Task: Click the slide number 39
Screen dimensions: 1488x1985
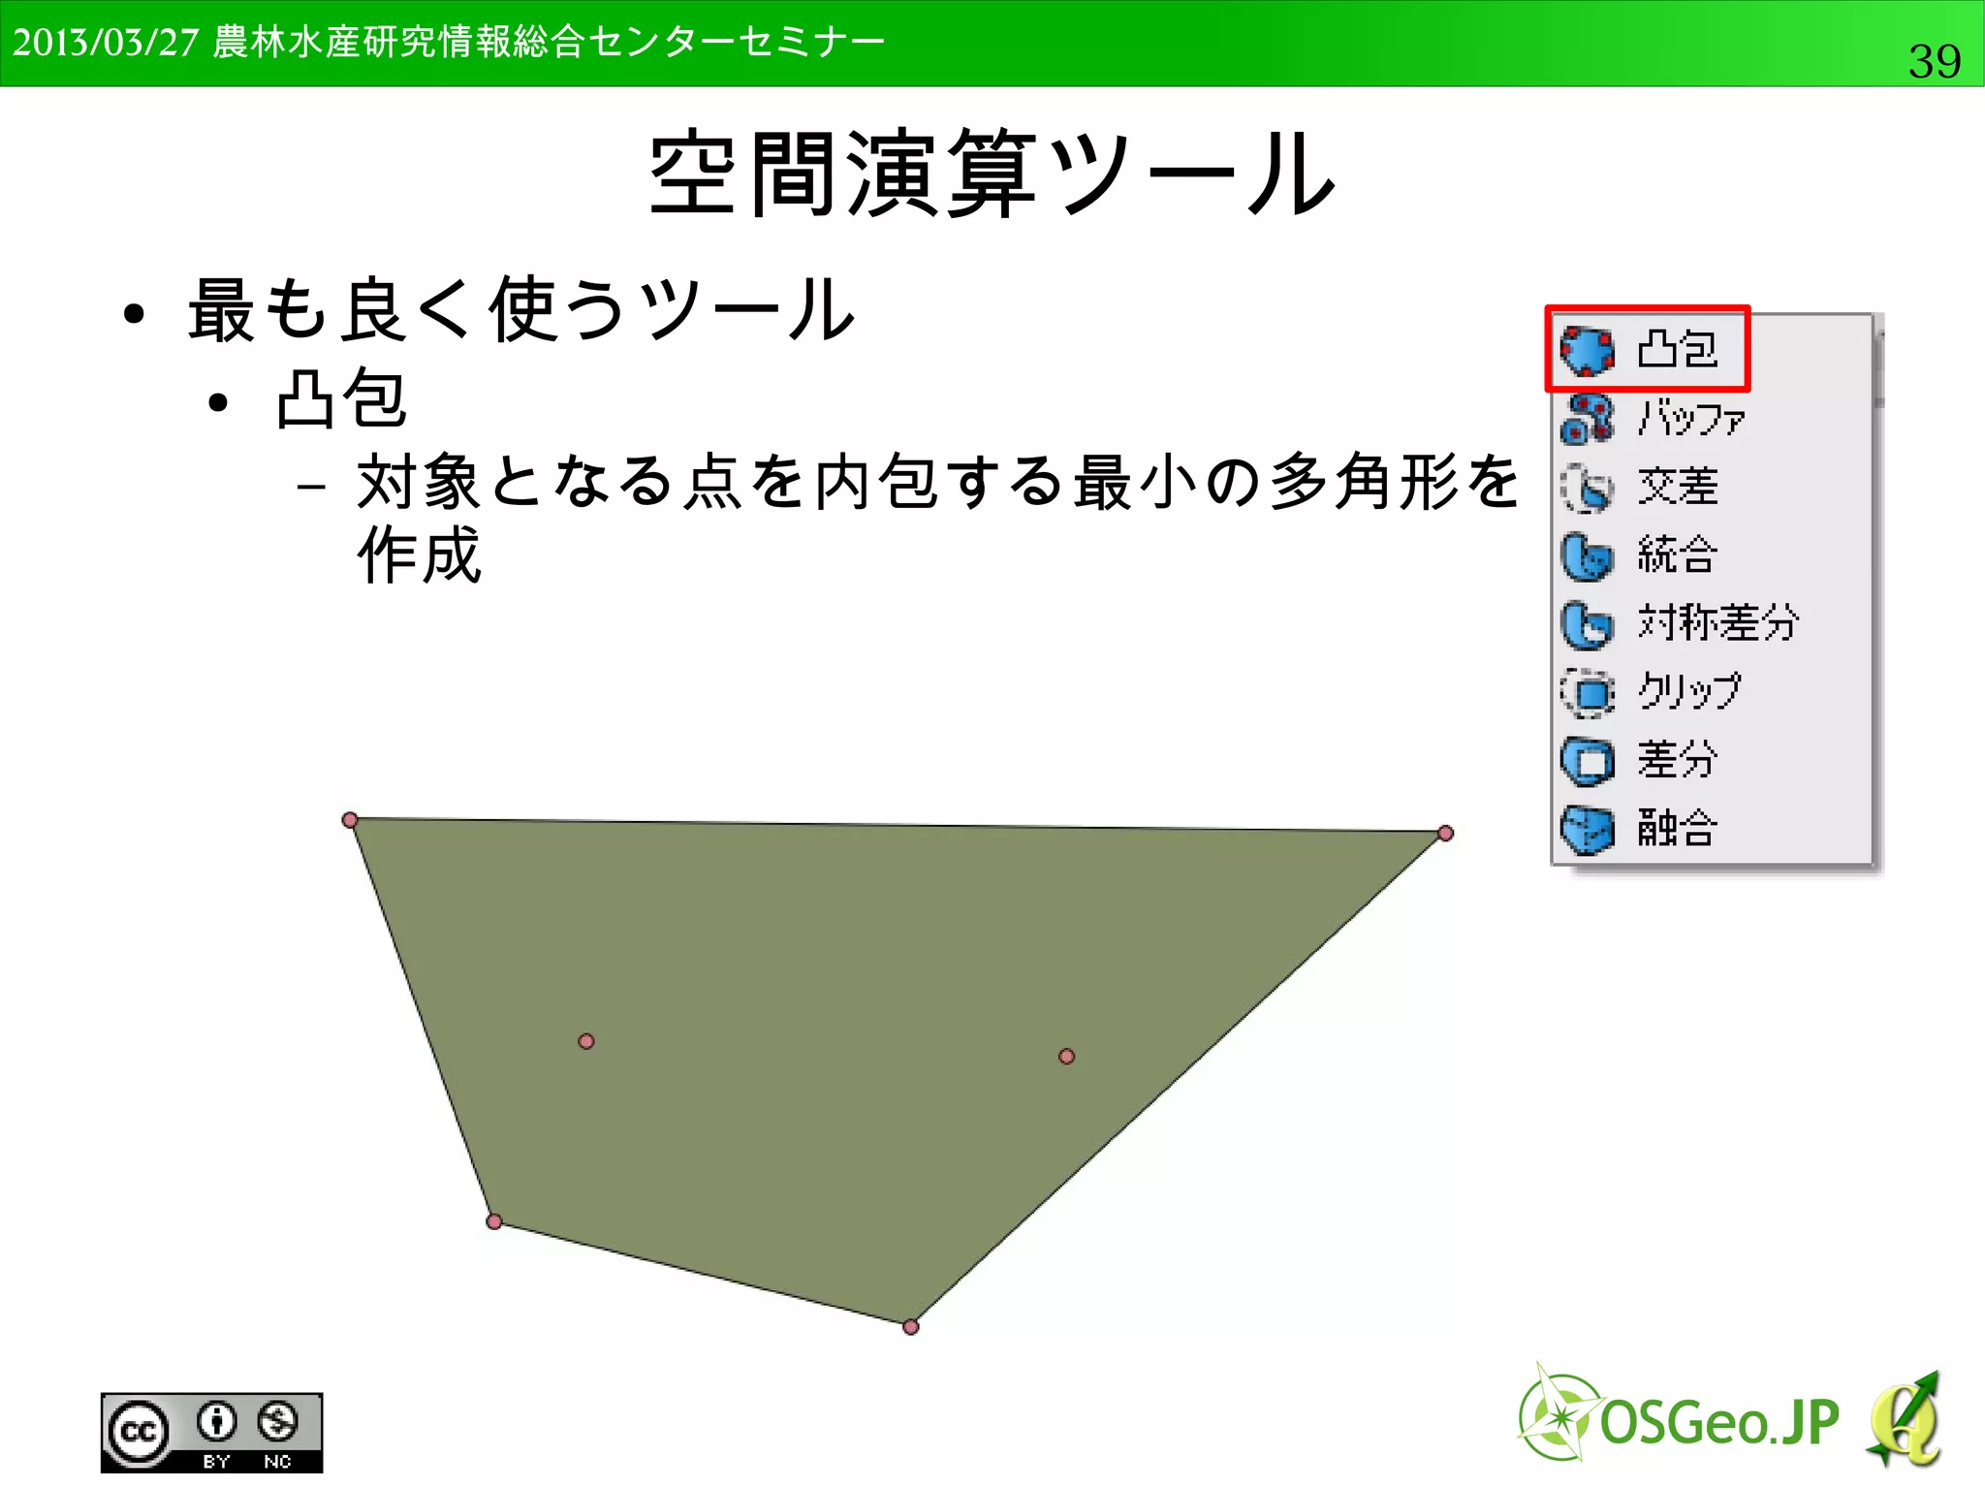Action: click(1934, 61)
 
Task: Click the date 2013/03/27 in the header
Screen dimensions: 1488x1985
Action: click(106, 43)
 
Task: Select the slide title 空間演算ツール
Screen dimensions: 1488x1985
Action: click(992, 174)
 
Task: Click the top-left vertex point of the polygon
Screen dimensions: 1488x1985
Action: click(350, 820)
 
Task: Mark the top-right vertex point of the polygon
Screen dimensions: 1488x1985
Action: click(1445, 833)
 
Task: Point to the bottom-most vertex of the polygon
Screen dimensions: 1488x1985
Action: click(910, 1327)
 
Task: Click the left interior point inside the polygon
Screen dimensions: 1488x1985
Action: click(586, 1041)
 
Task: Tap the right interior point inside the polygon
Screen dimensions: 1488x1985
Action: click(1066, 1056)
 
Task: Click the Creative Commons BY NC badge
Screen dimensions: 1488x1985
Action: click(211, 1432)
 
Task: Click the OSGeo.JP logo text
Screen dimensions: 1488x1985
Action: click(1717, 1423)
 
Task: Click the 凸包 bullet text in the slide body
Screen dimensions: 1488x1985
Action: click(340, 399)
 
